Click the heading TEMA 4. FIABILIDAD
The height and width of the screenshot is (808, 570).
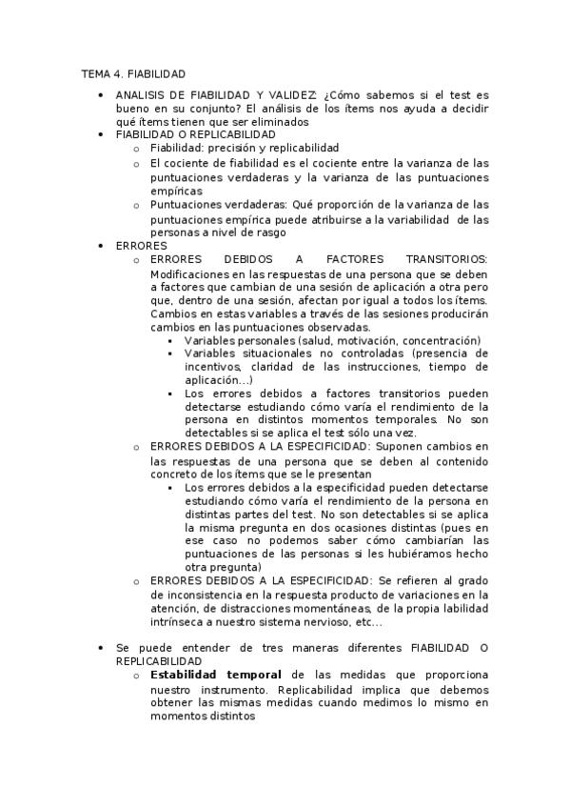pos(133,73)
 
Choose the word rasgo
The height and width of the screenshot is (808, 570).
pos(265,232)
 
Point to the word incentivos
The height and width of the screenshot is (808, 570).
pos(212,366)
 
